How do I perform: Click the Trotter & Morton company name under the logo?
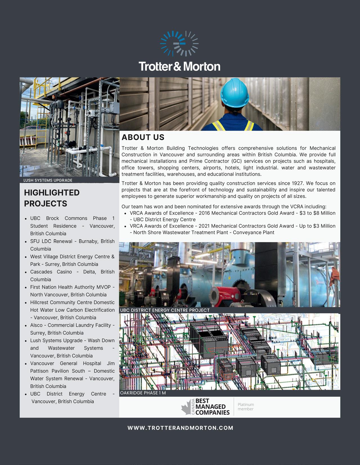click(x=179, y=67)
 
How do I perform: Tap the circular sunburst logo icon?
click(x=179, y=44)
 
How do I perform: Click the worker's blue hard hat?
click(x=234, y=92)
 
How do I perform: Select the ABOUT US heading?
click(x=143, y=137)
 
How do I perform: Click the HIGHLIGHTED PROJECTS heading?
click(x=52, y=198)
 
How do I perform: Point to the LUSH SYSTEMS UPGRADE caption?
click(x=48, y=180)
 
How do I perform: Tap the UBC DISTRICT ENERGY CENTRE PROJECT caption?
click(x=165, y=310)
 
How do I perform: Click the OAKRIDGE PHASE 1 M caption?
click(x=143, y=393)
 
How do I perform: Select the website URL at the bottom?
click(x=180, y=428)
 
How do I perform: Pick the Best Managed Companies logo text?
click(x=212, y=407)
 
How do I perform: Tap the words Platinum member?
click(x=246, y=407)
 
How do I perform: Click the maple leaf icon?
click(x=186, y=408)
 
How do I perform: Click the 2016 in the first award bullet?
click(x=204, y=213)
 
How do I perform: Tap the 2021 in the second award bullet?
click(x=204, y=226)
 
